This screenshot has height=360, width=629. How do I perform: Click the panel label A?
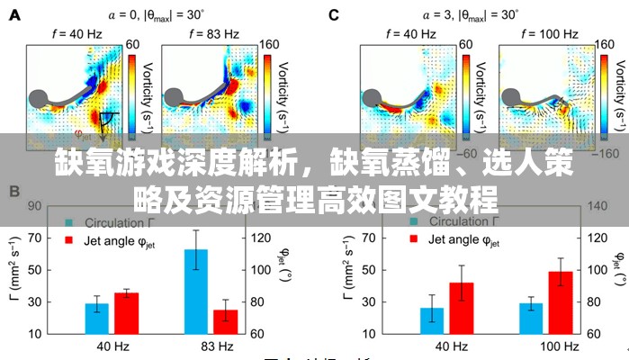tap(15, 14)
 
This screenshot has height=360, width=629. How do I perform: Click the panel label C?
tap(334, 14)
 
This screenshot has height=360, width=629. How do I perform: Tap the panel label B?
tap(15, 192)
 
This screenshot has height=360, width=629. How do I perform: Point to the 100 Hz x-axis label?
tap(545, 346)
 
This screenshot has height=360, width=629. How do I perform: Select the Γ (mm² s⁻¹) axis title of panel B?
tap(13, 270)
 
